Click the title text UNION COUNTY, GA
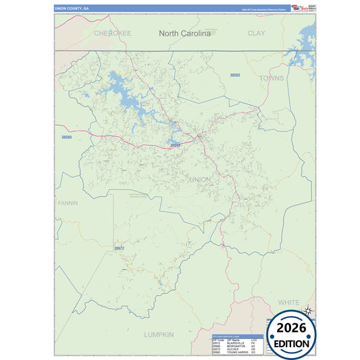pyautogui.click(x=72, y=9)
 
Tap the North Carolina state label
pyautogui.click(x=184, y=32)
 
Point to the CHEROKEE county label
pyautogui.click(x=112, y=32)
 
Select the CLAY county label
pyautogui.click(x=256, y=32)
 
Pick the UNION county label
pyautogui.click(x=200, y=179)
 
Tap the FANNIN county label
pyautogui.click(x=68, y=203)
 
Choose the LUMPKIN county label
pyautogui.click(x=159, y=334)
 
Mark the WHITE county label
pyautogui.click(x=288, y=302)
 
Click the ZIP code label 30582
pyautogui.click(x=235, y=75)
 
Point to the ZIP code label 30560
pyautogui.click(x=66, y=137)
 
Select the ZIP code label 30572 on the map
pyautogui.click(x=119, y=249)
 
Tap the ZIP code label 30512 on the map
pyautogui.click(x=175, y=145)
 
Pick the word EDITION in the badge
pyautogui.click(x=291, y=343)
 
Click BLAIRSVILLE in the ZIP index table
pyautogui.click(x=237, y=342)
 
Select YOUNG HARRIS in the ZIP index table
pyautogui.click(x=238, y=353)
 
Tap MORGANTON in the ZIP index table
pyautogui.click(x=236, y=346)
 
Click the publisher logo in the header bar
pyautogui.click(x=298, y=8)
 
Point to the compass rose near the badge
pyautogui.click(x=307, y=311)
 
